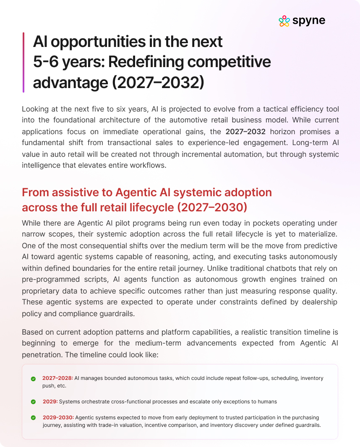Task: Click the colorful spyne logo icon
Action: point(284,21)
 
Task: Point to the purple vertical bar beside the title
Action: point(23,62)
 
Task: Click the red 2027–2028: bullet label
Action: point(57,378)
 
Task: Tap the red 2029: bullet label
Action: point(50,402)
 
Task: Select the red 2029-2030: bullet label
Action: point(58,418)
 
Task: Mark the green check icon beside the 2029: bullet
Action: point(33,402)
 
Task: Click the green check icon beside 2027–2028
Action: point(33,379)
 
